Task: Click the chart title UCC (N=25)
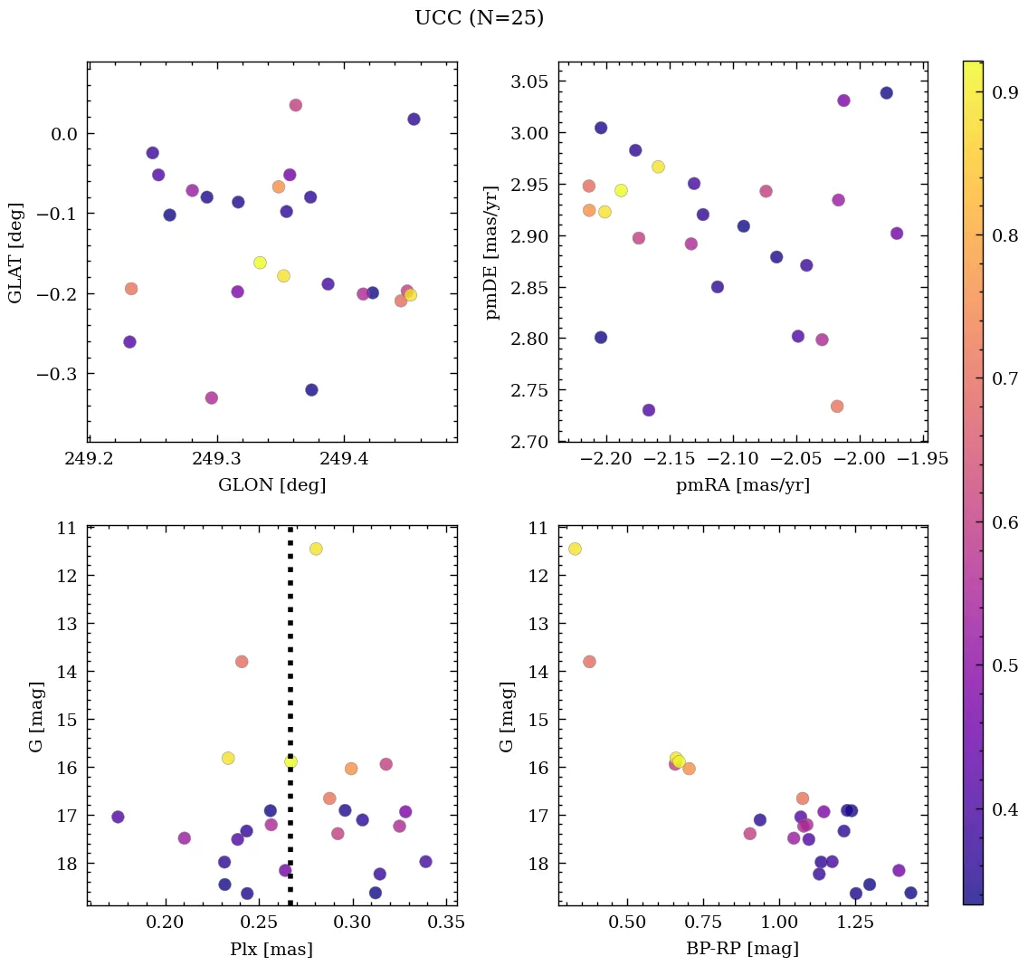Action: tap(479, 18)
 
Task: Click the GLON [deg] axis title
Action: tap(271, 485)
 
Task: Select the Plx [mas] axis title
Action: tap(271, 950)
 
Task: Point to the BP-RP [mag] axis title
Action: tap(742, 950)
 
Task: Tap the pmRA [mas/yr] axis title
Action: tap(742, 485)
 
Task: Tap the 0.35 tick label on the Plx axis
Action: tap(446, 924)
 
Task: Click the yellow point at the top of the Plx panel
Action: tap(316, 549)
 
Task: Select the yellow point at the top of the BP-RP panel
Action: tap(575, 549)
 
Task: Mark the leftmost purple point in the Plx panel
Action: tap(118, 817)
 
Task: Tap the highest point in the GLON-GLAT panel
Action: tap(295, 105)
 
